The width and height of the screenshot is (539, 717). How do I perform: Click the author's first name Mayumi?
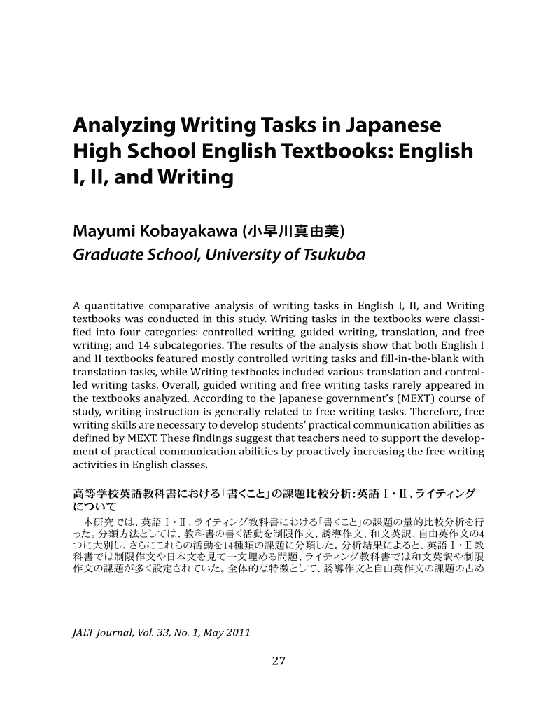click(103, 232)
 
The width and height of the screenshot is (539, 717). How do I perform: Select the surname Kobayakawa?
click(185, 232)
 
